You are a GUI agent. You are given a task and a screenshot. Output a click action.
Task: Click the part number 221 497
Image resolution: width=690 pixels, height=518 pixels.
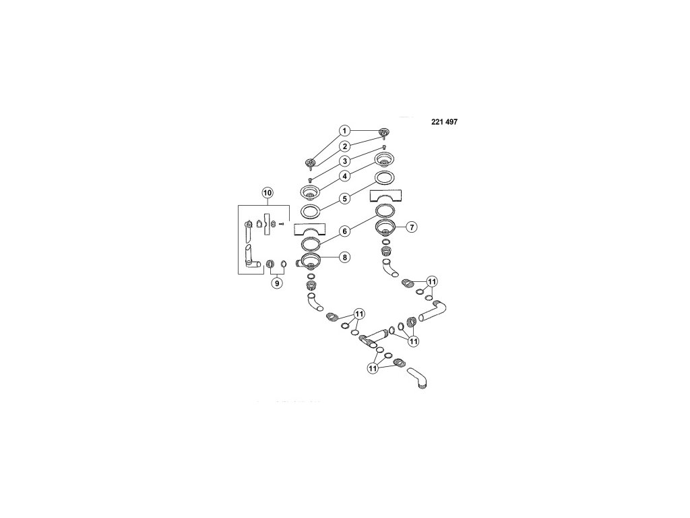coord(444,123)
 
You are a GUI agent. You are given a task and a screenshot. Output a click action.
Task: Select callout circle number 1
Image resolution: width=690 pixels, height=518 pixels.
coord(344,130)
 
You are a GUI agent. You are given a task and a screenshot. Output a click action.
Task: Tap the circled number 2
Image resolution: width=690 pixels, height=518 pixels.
coord(344,146)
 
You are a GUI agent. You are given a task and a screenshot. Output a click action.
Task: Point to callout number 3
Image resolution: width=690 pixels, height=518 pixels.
coord(344,161)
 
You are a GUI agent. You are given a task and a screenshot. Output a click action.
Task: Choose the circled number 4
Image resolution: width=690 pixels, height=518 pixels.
coord(344,177)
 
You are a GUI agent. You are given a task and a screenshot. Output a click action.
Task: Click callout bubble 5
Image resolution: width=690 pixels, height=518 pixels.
coord(344,198)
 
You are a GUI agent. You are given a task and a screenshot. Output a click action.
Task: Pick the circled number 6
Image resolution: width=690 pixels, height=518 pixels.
coord(344,230)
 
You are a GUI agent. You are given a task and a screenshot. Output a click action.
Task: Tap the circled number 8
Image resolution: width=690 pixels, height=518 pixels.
coord(344,256)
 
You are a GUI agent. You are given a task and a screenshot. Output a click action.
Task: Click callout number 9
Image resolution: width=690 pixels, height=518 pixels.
coord(276,283)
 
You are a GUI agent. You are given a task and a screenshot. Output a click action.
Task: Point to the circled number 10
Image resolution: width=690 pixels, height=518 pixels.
coord(267,193)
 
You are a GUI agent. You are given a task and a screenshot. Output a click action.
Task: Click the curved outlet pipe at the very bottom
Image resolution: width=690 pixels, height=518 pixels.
coord(417,379)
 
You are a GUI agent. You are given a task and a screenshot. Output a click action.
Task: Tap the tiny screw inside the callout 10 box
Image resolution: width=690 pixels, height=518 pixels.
coord(282,224)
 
